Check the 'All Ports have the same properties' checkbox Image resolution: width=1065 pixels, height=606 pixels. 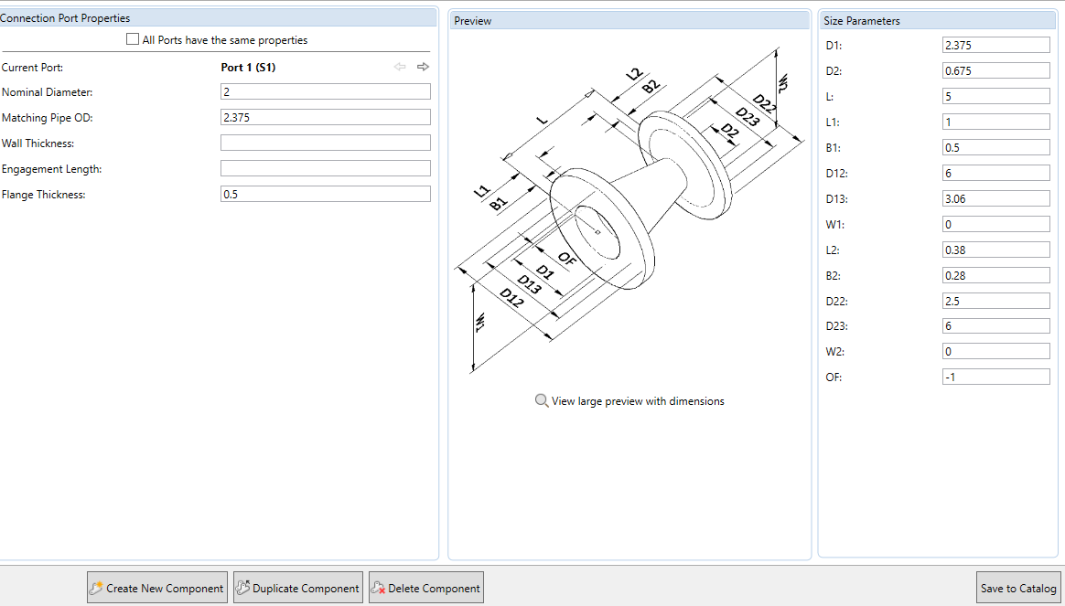point(133,40)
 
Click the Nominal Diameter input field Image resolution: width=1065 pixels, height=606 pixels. point(325,91)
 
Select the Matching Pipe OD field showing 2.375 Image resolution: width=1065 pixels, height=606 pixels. point(325,117)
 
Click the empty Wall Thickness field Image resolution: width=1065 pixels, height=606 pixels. point(325,143)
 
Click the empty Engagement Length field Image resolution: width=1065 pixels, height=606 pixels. point(325,168)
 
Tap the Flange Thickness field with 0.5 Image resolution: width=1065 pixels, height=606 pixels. point(325,194)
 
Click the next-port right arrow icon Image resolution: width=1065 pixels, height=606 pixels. point(423,67)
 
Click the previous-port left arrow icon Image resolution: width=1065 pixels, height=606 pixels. point(400,67)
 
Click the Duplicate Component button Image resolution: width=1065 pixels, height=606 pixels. point(298,589)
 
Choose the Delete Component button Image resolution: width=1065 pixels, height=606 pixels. point(425,589)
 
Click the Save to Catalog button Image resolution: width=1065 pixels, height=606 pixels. point(1017,589)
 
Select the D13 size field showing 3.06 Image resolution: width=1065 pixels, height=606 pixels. point(995,198)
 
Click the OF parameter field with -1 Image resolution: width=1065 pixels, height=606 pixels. point(995,377)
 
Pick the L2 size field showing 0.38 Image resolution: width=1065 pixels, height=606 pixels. point(995,250)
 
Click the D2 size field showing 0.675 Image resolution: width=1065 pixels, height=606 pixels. point(995,70)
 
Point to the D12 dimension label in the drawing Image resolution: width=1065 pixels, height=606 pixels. point(511,298)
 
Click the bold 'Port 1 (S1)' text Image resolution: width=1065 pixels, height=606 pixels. point(248,67)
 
